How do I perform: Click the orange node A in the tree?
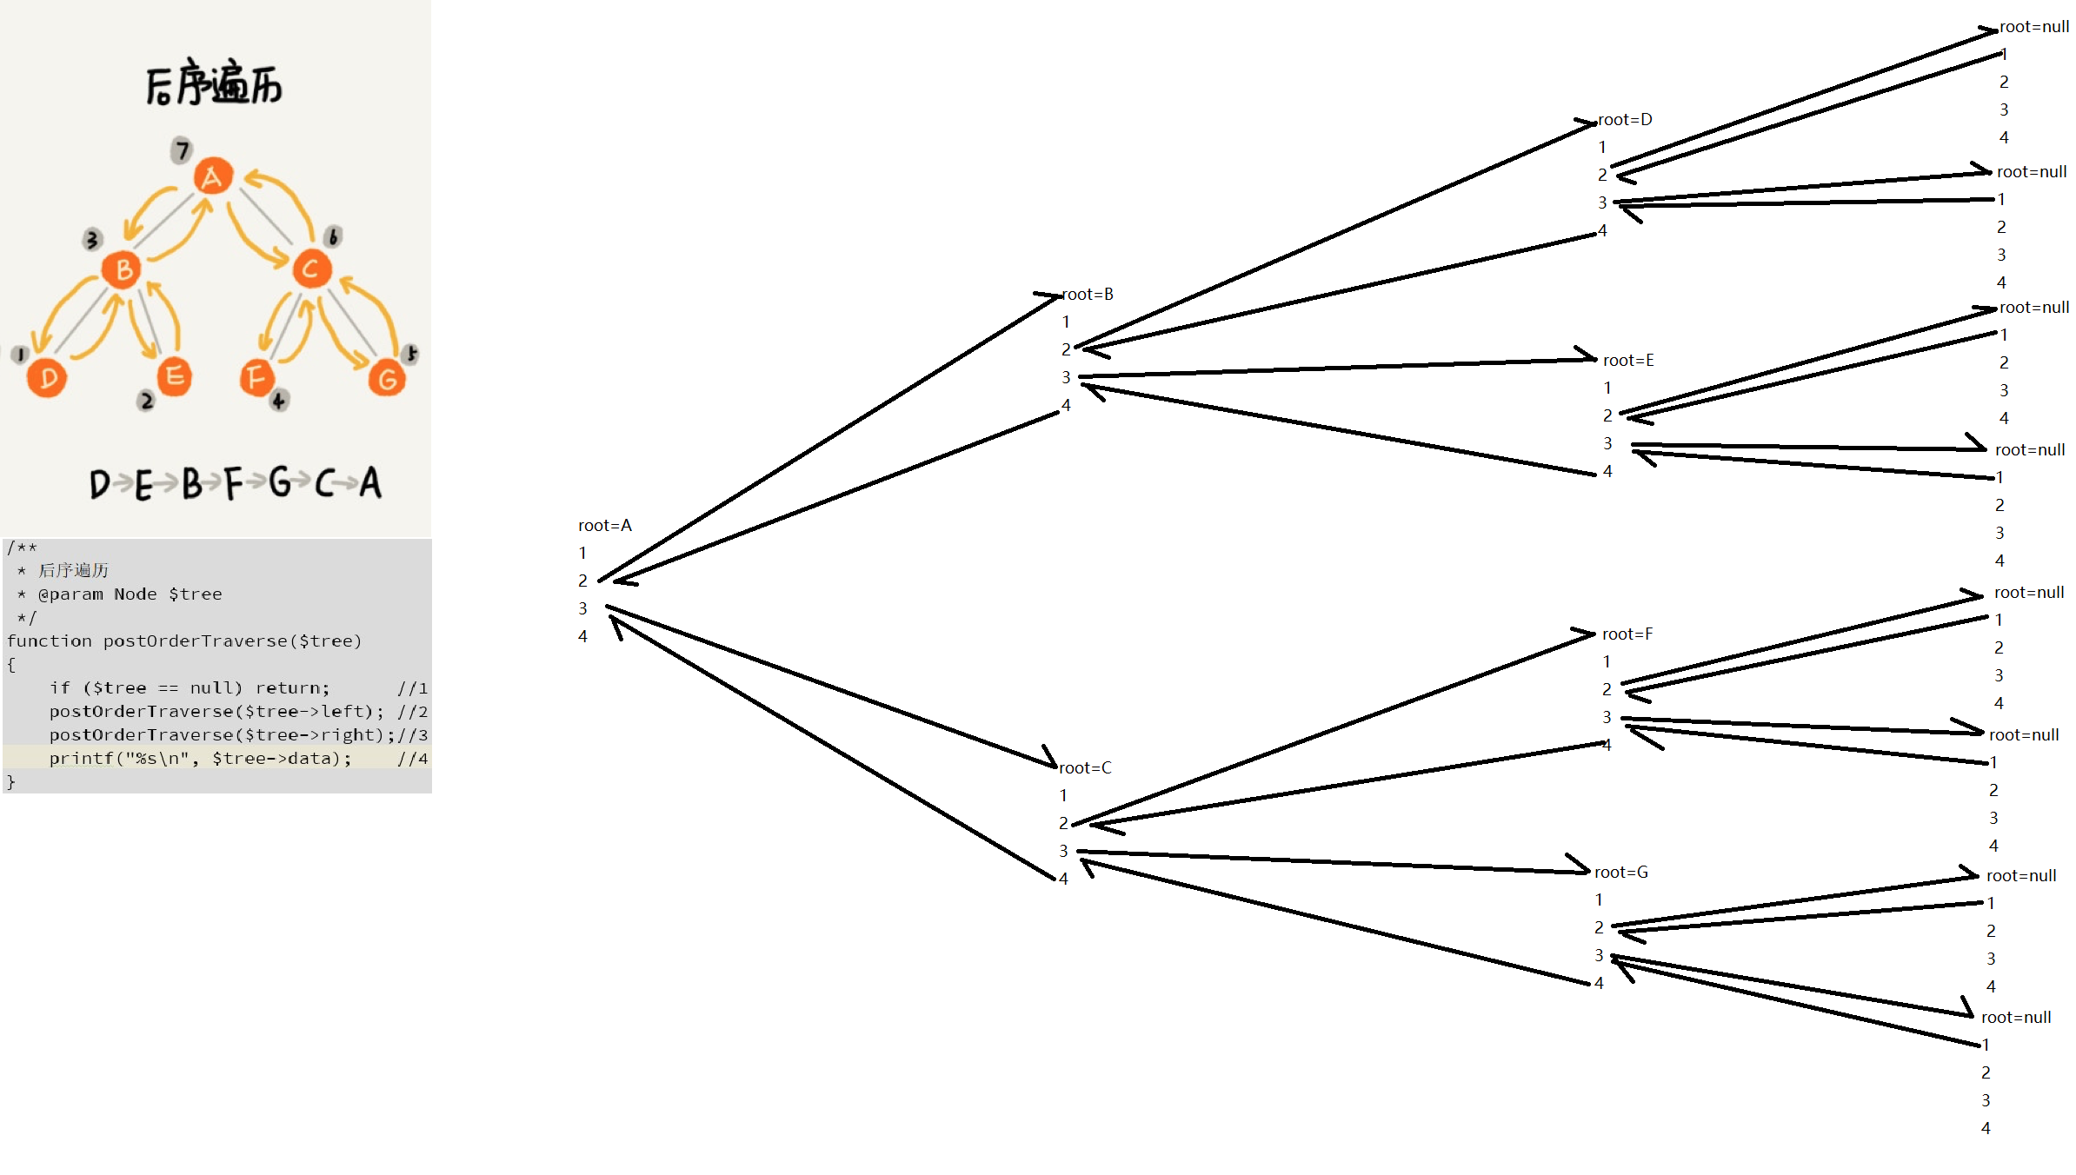[212, 176]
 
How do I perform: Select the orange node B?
[123, 269]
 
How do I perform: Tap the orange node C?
[311, 269]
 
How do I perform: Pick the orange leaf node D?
[47, 378]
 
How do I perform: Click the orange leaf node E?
[174, 376]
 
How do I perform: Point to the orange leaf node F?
[256, 377]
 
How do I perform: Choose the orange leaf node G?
[387, 378]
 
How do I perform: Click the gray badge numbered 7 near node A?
[181, 149]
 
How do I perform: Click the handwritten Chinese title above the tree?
[214, 84]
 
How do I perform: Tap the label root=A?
[605, 526]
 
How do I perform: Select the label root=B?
[1088, 295]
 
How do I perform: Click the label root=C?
[1085, 768]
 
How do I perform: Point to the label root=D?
[1625, 120]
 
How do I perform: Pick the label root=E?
[1628, 361]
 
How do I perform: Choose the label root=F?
[1627, 634]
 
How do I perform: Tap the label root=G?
[1621, 873]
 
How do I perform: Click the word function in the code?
[49, 641]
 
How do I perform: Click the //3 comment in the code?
[413, 735]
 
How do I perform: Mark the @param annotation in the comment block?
[70, 594]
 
